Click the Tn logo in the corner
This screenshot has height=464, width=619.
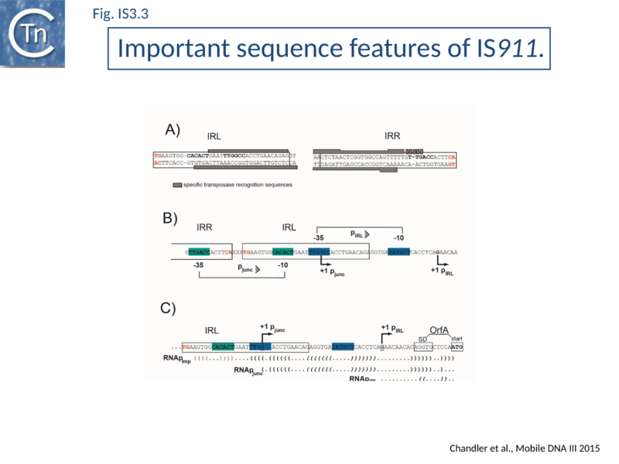tap(32, 32)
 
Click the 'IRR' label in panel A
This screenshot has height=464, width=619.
tap(392, 137)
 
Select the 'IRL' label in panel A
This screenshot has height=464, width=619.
tap(214, 137)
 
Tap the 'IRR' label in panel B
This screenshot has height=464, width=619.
tap(205, 227)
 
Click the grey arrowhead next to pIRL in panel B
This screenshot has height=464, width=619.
tap(368, 234)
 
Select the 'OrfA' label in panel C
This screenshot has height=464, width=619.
tap(440, 329)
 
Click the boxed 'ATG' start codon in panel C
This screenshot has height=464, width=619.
tap(457, 348)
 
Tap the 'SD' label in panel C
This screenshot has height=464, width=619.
tap(422, 338)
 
